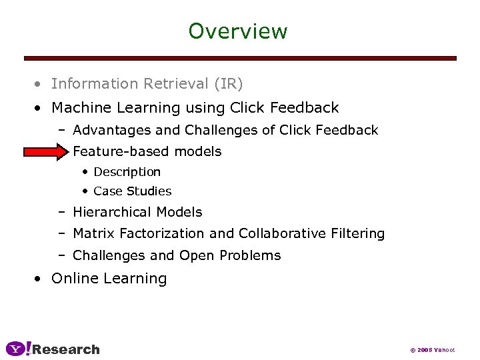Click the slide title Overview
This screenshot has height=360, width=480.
click(x=238, y=31)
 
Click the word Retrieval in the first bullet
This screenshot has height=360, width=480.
click(x=174, y=84)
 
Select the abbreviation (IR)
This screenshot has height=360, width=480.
click(x=228, y=84)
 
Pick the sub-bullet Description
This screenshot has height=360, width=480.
click(x=127, y=172)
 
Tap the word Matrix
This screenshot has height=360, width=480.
click(x=93, y=233)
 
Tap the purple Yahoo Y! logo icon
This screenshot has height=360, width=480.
click(x=19, y=349)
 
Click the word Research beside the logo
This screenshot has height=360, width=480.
click(x=66, y=349)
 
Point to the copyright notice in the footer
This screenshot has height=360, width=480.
click(x=432, y=350)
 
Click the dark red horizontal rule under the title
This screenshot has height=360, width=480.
click(x=240, y=59)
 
